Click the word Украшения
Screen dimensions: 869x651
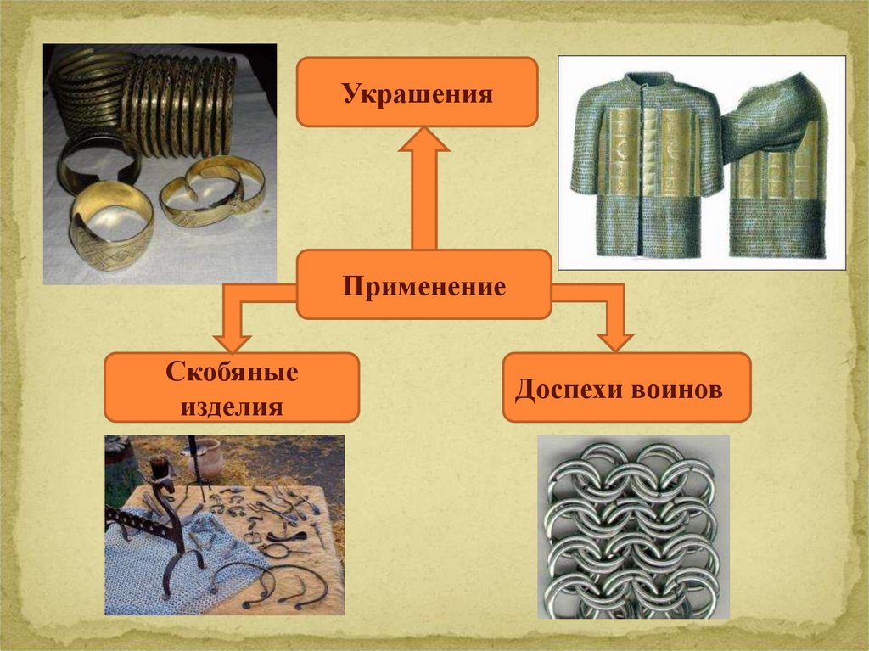(418, 93)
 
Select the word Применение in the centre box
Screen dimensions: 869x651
(424, 285)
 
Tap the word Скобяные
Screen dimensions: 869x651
(231, 373)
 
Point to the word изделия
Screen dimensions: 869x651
(232, 407)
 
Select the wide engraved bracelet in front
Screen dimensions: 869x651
(110, 224)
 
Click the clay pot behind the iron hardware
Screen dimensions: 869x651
(205, 457)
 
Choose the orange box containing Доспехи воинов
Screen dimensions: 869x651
(626, 388)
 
